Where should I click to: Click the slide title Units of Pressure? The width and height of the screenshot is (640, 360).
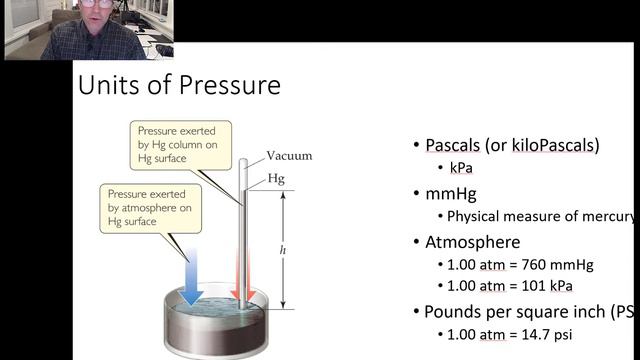tap(179, 86)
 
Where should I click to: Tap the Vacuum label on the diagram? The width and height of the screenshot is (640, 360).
tap(289, 156)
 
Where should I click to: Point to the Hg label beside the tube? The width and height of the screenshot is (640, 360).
tap(276, 179)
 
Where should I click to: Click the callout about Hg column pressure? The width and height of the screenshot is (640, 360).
tap(181, 144)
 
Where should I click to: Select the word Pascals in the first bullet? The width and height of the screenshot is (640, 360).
tap(453, 145)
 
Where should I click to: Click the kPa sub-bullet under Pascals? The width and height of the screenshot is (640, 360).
tap(461, 168)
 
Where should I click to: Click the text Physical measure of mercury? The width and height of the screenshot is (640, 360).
tap(540, 216)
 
